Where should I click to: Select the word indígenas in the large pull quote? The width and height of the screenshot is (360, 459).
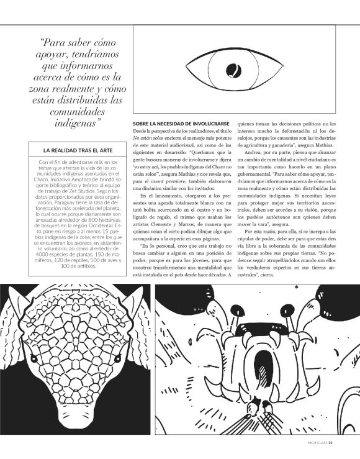pyautogui.click(x=72, y=124)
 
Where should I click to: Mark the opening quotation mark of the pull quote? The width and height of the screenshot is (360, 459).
pyautogui.click(x=42, y=43)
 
